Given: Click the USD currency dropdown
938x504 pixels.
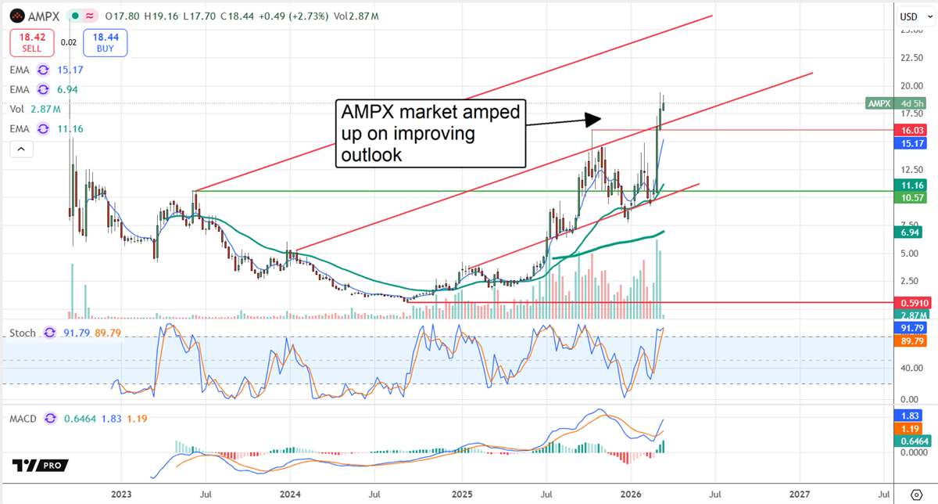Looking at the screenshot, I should (x=909, y=16).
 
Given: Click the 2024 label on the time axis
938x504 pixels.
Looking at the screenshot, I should (x=291, y=494).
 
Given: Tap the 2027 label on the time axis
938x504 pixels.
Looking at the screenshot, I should (x=800, y=494).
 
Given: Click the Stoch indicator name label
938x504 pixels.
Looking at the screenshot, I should (x=23, y=333).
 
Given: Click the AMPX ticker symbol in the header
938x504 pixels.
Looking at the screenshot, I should (x=41, y=15).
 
